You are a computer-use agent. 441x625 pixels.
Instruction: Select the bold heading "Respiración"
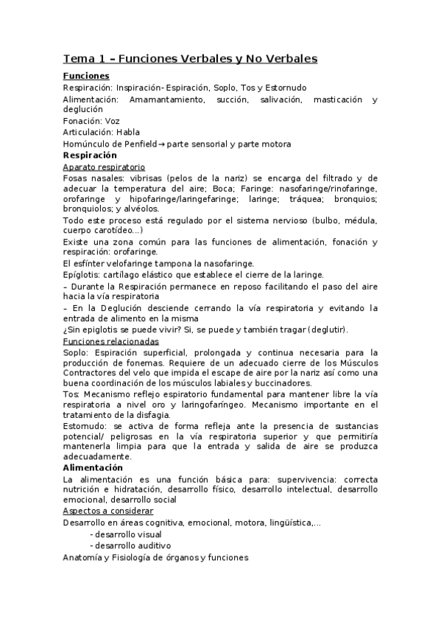(90, 156)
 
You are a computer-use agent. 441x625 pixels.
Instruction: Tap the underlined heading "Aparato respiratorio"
(105, 167)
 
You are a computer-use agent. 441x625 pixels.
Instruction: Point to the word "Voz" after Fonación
(112, 121)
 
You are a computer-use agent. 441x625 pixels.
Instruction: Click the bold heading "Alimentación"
(93, 468)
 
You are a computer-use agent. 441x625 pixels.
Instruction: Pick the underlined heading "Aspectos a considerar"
(107, 511)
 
